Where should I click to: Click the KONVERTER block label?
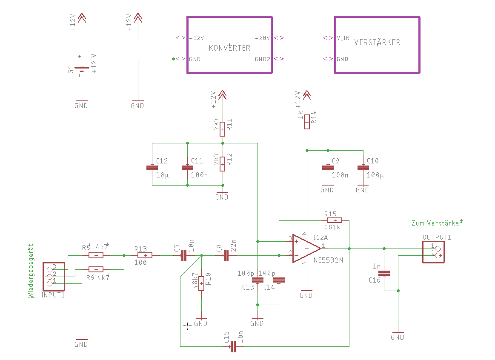[229, 48]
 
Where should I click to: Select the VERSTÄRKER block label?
[377, 42]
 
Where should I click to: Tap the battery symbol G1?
[82, 69]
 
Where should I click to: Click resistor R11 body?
[223, 129]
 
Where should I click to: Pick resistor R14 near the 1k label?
[307, 122]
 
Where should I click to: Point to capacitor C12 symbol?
[152, 168]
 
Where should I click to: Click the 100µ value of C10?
[375, 175]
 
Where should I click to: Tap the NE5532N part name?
[328, 260]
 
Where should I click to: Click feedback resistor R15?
[335, 220]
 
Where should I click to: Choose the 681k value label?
[332, 227]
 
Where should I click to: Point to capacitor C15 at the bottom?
[233, 346]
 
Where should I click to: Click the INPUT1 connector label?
[53, 295]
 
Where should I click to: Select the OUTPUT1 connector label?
[437, 237]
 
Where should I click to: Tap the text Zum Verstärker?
[436, 223]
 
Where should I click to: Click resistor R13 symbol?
[145, 256]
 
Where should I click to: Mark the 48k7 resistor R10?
[201, 283]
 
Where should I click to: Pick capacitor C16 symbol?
[384, 273]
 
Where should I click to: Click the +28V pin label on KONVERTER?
[262, 38]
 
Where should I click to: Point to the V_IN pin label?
[343, 38]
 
